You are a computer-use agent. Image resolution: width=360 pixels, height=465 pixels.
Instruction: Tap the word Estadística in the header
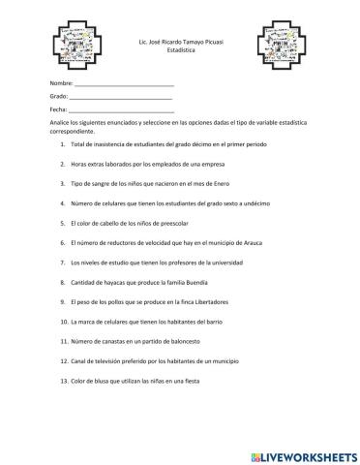click(180, 50)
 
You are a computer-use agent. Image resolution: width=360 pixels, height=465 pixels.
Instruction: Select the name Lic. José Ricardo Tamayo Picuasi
click(180, 42)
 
